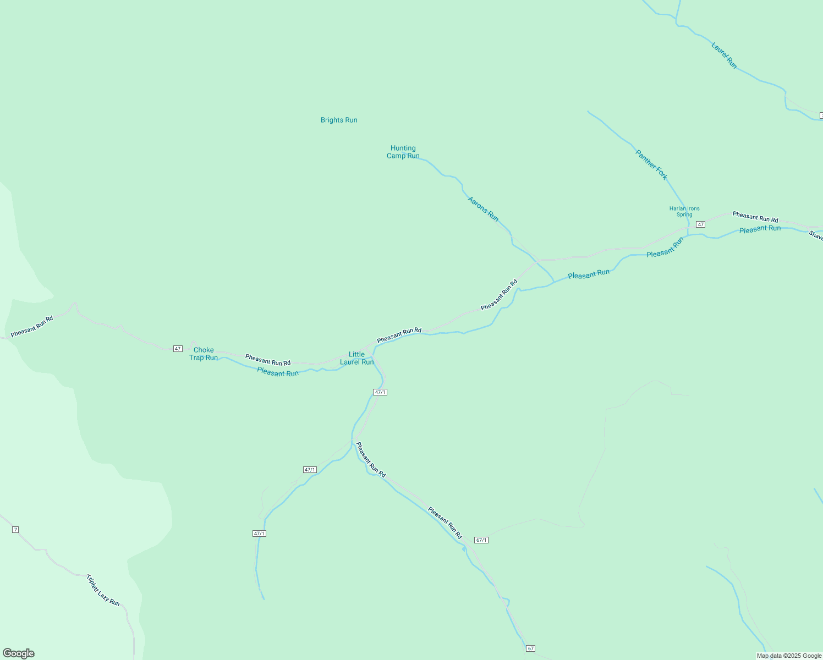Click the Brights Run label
(x=339, y=120)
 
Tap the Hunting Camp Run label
(x=403, y=152)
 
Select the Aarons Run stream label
(x=483, y=209)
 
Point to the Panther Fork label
(x=651, y=164)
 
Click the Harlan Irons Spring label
(x=684, y=212)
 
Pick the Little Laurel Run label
(x=356, y=358)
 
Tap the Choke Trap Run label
(x=204, y=354)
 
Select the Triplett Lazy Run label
(x=103, y=590)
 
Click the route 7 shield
(x=15, y=530)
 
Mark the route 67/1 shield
(x=481, y=540)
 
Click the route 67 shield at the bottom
(x=530, y=648)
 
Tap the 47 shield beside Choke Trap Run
(x=178, y=349)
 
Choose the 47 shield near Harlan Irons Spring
(x=700, y=224)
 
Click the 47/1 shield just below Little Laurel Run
(x=380, y=392)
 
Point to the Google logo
(x=19, y=653)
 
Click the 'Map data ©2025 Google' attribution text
(x=789, y=656)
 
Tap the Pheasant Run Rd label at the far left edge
(x=32, y=326)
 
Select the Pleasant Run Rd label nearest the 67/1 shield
(x=445, y=522)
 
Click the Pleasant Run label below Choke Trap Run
(x=278, y=373)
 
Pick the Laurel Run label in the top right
(x=724, y=55)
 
